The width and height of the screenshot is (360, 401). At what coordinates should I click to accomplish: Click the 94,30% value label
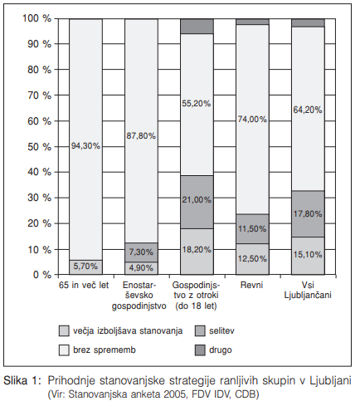(85, 146)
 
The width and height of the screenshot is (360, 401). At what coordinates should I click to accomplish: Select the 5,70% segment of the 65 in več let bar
(86, 267)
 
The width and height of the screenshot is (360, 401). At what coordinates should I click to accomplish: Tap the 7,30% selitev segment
(141, 252)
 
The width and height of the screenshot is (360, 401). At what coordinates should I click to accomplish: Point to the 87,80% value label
(141, 136)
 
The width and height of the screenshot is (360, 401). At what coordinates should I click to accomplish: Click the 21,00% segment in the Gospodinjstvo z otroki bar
(197, 202)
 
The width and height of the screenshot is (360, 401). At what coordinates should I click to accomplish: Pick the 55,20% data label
(197, 104)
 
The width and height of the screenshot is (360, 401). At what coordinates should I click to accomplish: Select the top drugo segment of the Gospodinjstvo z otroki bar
(197, 27)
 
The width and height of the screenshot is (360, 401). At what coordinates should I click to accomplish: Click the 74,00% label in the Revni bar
(252, 120)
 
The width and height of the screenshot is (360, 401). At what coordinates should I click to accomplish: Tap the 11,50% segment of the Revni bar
(252, 229)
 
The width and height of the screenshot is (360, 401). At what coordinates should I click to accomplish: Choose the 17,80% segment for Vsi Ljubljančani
(308, 213)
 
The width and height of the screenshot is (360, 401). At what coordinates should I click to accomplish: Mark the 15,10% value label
(308, 255)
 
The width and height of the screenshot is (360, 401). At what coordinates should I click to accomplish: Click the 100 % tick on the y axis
(36, 18)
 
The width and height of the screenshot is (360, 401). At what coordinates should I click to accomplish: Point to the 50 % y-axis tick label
(39, 147)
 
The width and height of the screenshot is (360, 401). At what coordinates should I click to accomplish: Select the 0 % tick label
(42, 275)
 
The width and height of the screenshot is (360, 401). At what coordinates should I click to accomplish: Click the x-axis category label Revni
(251, 285)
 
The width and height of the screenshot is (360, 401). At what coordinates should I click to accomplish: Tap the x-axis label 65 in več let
(84, 285)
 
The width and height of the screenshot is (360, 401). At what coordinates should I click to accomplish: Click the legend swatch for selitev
(200, 331)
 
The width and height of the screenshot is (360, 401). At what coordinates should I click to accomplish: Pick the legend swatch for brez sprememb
(64, 350)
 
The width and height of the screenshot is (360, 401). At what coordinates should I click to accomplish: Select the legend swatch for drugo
(200, 350)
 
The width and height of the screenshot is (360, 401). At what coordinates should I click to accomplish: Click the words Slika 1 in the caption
(22, 380)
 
